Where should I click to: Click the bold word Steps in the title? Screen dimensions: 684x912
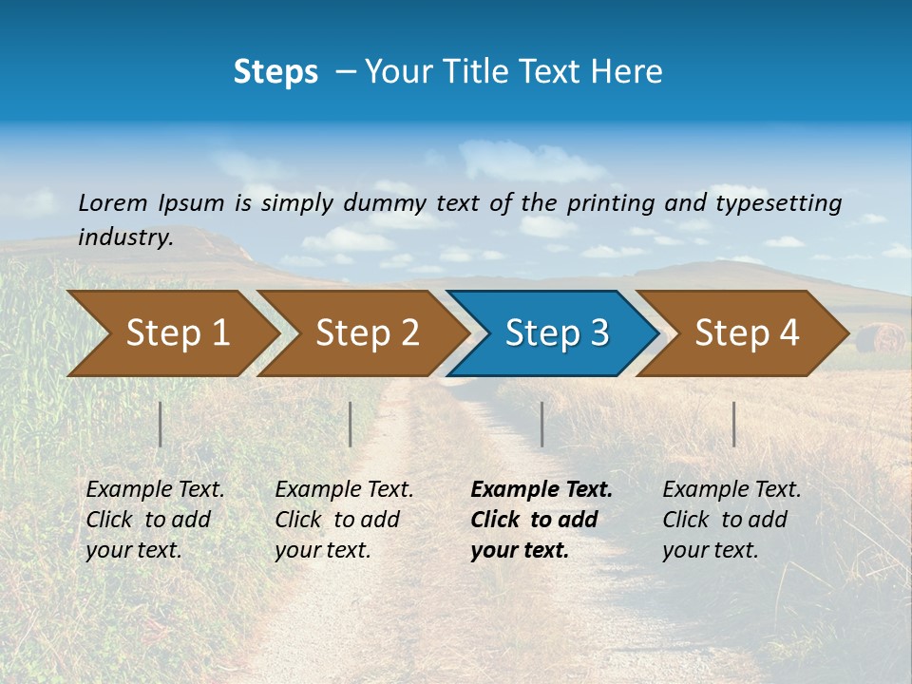[x=275, y=72]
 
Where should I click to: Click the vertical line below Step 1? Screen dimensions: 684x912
[x=161, y=424]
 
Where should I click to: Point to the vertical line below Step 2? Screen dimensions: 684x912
[x=351, y=424]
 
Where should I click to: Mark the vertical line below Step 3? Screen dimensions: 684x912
[x=541, y=424]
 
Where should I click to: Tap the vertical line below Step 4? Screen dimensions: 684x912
[x=734, y=424]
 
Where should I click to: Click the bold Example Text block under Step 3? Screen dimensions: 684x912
[x=541, y=520]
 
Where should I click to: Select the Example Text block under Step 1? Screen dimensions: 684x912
[x=155, y=520]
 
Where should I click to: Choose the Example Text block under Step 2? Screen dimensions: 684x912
[x=344, y=520]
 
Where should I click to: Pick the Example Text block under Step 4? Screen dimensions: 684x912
[x=731, y=520]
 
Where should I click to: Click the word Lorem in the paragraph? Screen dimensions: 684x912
[x=113, y=203]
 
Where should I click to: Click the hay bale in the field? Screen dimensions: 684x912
[x=880, y=338]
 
